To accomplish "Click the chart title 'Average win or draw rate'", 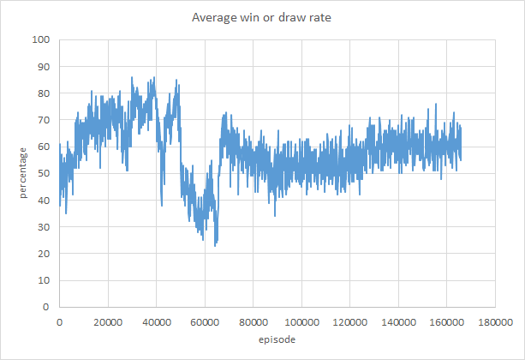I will [262, 16].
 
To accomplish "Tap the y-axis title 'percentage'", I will [23, 174].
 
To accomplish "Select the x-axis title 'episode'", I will [276, 340].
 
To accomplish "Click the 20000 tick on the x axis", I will [107, 322].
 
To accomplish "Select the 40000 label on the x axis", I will [156, 322].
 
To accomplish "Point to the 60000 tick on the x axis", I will [204, 322].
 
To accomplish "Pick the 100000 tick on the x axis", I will [301, 322].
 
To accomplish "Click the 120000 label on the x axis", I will [349, 322].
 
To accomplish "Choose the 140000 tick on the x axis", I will [397, 322].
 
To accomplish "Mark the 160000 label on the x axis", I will [446, 322].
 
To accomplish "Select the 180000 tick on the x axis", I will [494, 322].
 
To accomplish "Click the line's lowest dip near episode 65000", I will [216, 245].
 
